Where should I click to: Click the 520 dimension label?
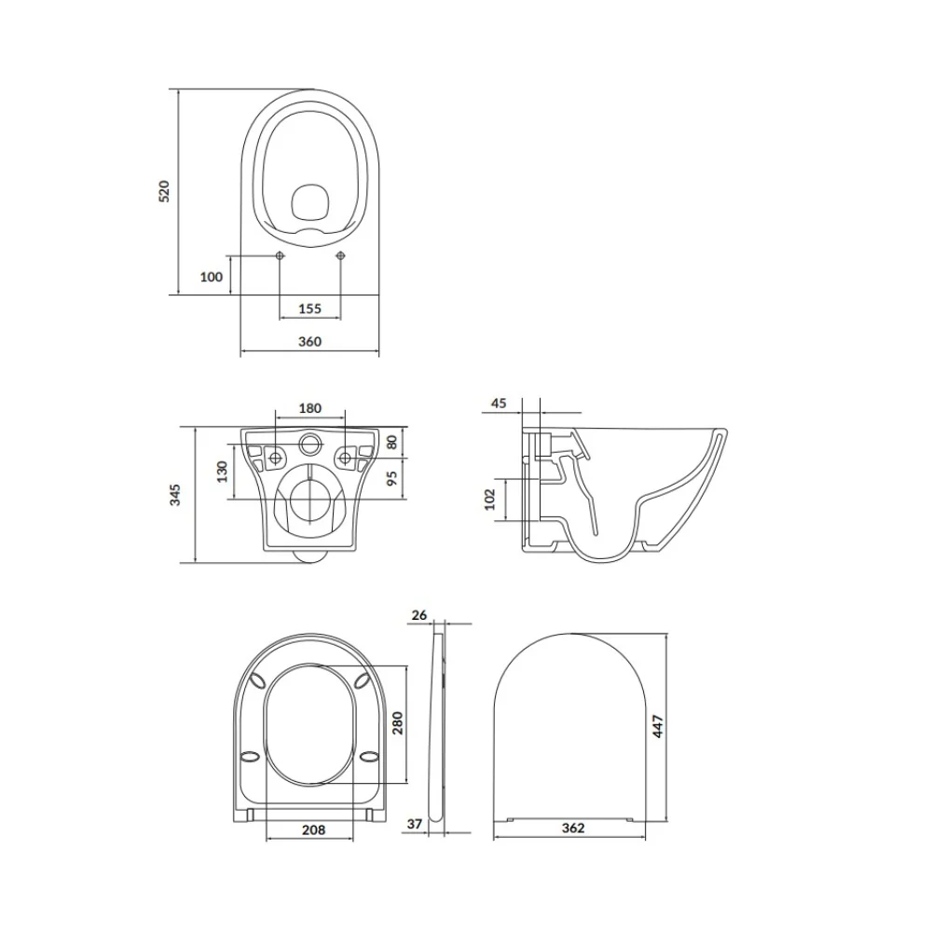164,191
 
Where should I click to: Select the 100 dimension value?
212,276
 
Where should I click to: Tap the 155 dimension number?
309,308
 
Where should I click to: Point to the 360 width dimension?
309,342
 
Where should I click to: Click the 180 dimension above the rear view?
310,408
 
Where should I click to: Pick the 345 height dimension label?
174,495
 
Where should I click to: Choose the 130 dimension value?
222,473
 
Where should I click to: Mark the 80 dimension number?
391,440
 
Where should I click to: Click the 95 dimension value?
391,477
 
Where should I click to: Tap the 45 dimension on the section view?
499,403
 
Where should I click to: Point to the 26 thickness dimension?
418,614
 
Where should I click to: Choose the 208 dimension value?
313,829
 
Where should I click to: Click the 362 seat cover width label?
574,829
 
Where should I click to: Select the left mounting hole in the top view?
281,255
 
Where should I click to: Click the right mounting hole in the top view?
339,255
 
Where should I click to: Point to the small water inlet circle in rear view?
310,441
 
